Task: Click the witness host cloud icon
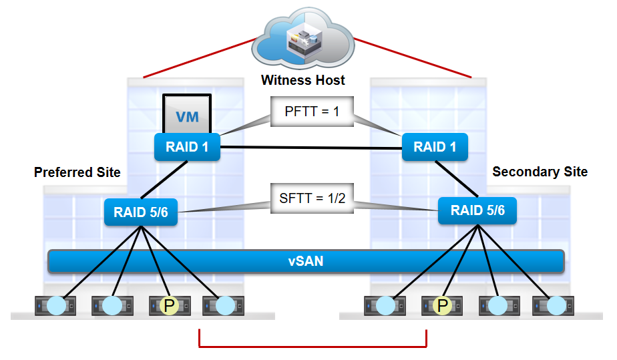[302, 40]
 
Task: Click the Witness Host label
[303, 80]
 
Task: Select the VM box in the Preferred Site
[187, 116]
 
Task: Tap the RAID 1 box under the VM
[187, 147]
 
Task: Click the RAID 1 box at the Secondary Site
[435, 147]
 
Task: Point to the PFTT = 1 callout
[312, 111]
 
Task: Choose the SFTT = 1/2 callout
[312, 198]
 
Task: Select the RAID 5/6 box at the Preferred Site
[141, 212]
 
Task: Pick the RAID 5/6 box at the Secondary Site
[477, 211]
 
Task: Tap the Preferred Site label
[77, 172]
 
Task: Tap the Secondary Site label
[540, 172]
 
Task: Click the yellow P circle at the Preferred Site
[168, 306]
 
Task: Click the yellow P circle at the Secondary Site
[441, 306]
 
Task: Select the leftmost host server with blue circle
[56, 306]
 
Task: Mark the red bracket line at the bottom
[313, 347]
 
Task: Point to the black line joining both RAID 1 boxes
[311, 147]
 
